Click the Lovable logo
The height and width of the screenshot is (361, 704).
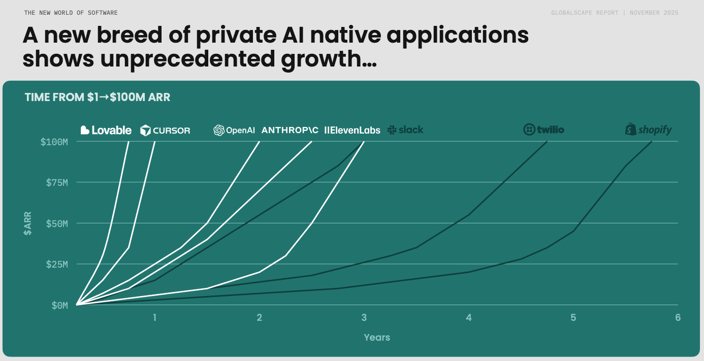(106, 130)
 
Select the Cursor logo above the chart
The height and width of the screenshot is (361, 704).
(165, 130)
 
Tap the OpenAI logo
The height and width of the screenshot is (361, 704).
(234, 130)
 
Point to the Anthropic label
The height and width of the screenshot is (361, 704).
(290, 130)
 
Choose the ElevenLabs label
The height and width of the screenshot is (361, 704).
(352, 130)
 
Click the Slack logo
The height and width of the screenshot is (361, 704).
(405, 130)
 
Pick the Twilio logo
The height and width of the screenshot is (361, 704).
(543, 130)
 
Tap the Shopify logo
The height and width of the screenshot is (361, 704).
(648, 130)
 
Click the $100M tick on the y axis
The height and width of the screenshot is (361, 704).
(54, 141)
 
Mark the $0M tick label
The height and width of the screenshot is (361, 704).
(59, 305)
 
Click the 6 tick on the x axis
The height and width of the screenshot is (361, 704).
(678, 318)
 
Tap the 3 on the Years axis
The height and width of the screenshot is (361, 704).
(364, 318)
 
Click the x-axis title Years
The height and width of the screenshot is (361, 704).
(377, 337)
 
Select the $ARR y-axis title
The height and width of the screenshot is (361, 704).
(27, 223)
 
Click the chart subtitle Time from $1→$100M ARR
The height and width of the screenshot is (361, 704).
(98, 97)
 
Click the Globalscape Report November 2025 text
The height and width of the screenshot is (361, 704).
(615, 13)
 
